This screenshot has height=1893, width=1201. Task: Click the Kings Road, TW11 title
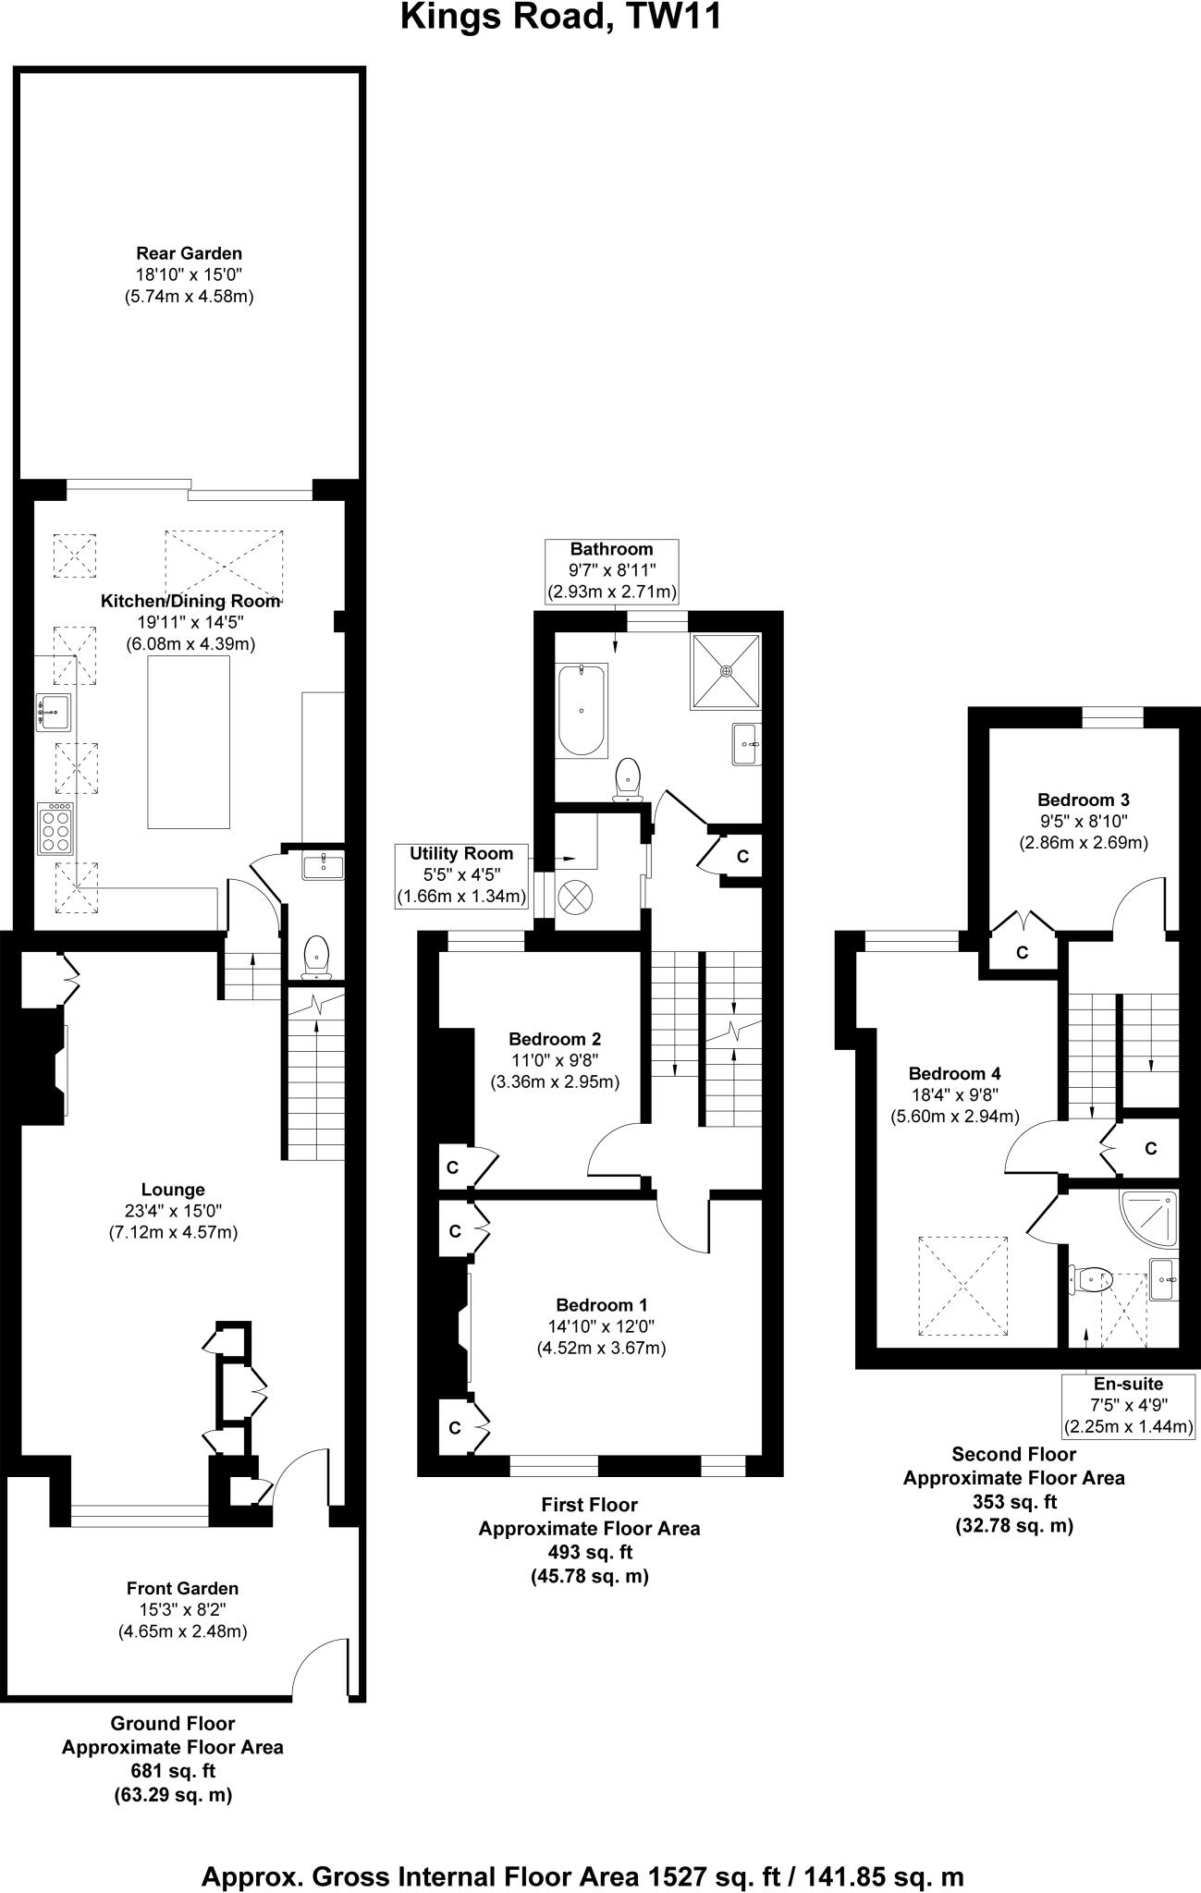560,17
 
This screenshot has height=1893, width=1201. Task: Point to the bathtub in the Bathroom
581,710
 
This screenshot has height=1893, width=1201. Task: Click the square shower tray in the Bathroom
726,671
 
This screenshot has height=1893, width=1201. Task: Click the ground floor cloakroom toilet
316,955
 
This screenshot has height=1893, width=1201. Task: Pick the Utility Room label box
461,874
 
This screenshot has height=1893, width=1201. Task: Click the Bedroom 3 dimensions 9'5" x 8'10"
1083,821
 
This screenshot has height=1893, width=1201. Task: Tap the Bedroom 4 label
954,1073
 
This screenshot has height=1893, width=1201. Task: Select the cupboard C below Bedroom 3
1022,953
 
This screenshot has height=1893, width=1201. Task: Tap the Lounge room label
173,1190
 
